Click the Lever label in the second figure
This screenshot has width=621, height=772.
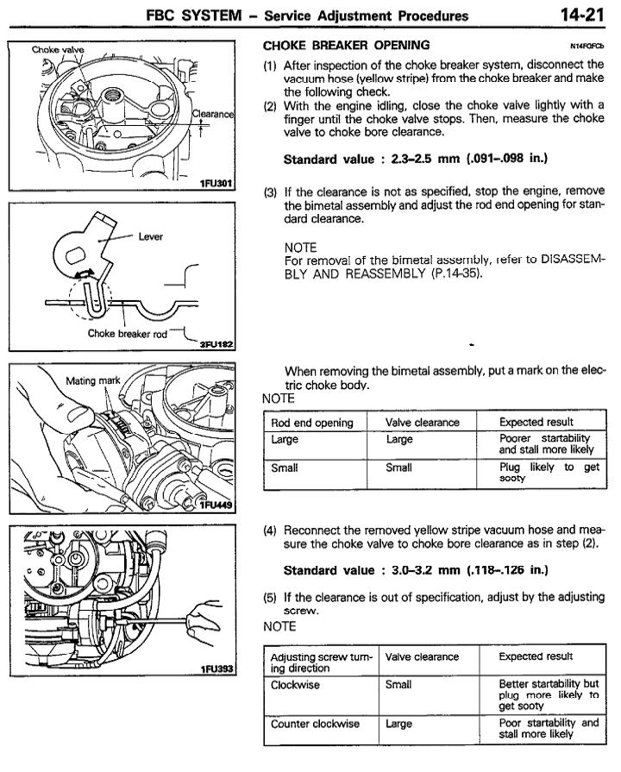(x=150, y=235)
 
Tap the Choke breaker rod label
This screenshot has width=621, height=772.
(x=128, y=334)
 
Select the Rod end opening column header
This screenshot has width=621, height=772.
(x=312, y=423)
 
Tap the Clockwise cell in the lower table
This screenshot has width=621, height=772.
(x=295, y=685)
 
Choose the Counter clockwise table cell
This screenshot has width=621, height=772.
(x=315, y=724)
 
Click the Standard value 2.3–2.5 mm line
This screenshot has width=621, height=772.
(x=416, y=159)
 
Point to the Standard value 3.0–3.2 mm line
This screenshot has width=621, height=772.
(x=416, y=570)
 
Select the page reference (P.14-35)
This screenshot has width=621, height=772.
(x=440, y=275)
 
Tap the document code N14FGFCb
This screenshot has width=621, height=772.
(x=587, y=46)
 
